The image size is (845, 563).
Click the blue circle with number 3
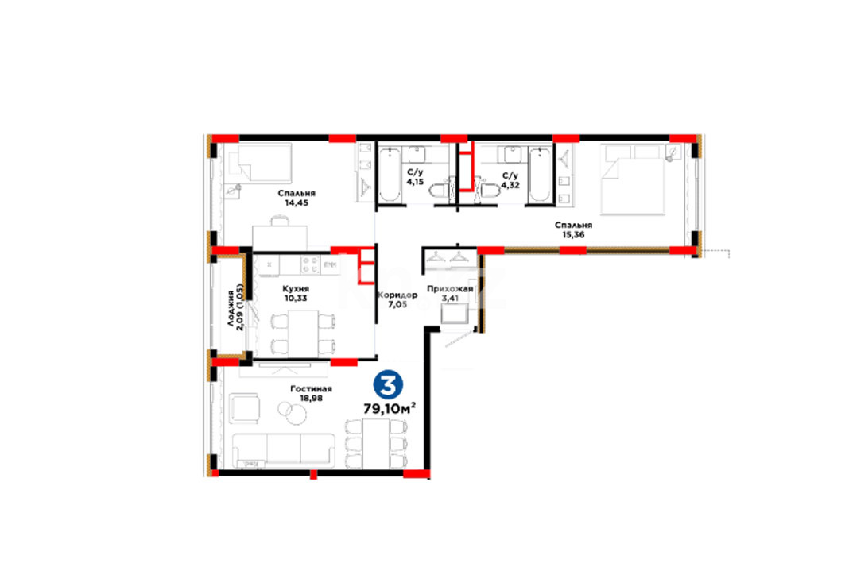pos(388,384)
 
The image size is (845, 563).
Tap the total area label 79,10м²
pos(389,408)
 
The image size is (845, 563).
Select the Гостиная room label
pos(311,388)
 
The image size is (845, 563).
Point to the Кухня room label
pos(296,289)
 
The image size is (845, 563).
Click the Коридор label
pos(397,295)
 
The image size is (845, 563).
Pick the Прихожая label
pos(450,289)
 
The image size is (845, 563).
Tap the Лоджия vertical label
pos(231,308)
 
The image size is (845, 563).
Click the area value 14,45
pos(297,203)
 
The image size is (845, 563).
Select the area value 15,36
pos(573,235)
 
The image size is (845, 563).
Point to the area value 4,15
pos(415,182)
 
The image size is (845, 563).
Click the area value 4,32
pos(510,185)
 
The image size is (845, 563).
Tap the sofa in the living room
pos(284,450)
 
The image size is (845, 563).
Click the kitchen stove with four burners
pos(310,264)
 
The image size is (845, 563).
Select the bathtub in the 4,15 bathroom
pos(388,175)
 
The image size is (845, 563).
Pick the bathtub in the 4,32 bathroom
pos(539,175)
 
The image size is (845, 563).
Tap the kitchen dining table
pos(303,334)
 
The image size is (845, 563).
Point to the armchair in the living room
pos(244,408)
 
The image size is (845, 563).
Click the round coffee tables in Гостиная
pos(292,412)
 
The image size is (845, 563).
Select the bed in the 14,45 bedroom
pos(260,163)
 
